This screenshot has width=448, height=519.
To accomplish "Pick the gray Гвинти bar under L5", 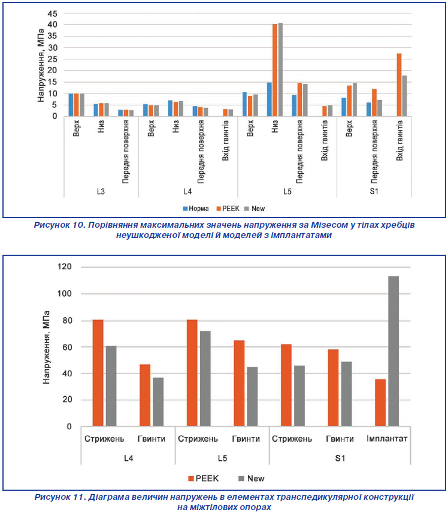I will point(252,396).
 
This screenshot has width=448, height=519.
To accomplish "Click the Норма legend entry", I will point(196,208).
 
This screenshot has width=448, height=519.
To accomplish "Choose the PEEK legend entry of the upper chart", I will point(228,208).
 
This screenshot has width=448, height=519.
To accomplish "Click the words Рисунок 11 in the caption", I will point(60,497).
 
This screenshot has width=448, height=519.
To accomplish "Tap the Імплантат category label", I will point(387,439).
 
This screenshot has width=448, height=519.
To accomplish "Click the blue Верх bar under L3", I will point(71,105).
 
